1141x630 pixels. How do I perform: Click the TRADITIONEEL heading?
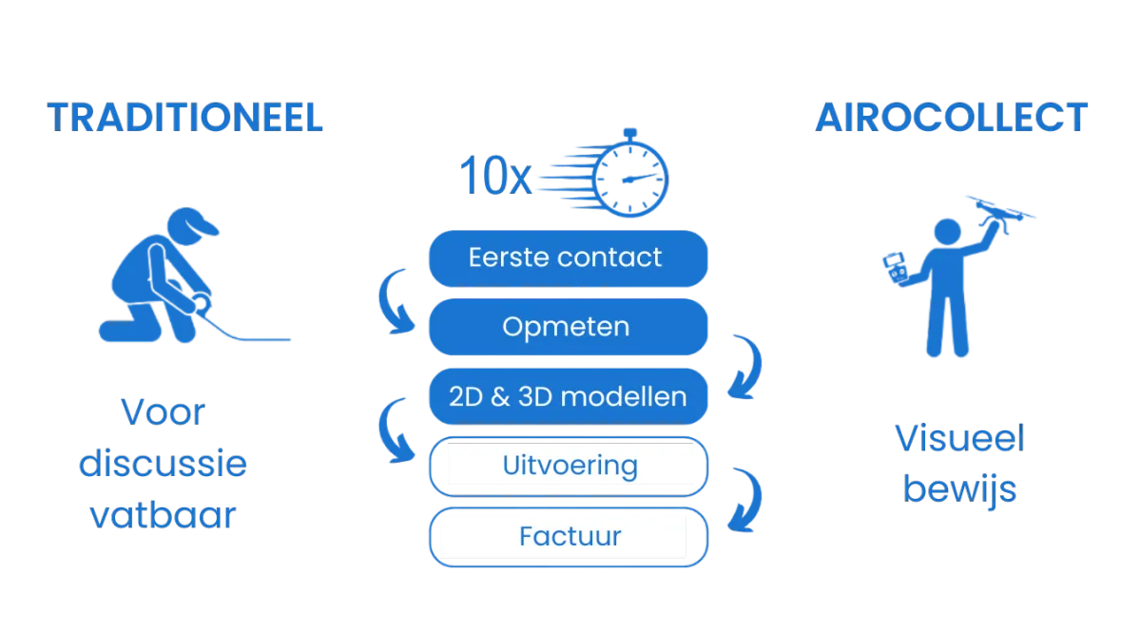[184, 118]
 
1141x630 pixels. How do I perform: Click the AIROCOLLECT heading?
[951, 118]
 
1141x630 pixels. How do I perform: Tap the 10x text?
[495, 176]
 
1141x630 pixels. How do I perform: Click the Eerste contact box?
[568, 258]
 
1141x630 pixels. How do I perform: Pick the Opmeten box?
[568, 327]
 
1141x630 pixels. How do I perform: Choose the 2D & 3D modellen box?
[568, 396]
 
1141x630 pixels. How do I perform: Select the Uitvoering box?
[568, 467]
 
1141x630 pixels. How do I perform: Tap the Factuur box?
[568, 537]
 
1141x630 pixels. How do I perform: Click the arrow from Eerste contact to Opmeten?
[388, 304]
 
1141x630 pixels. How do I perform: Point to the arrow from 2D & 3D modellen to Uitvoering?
[388, 433]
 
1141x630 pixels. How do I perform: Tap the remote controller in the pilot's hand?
[895, 268]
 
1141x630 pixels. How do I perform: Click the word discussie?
[163, 463]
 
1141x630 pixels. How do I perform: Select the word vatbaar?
[163, 514]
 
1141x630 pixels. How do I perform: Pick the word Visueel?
[959, 438]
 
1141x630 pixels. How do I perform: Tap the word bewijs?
[959, 489]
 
